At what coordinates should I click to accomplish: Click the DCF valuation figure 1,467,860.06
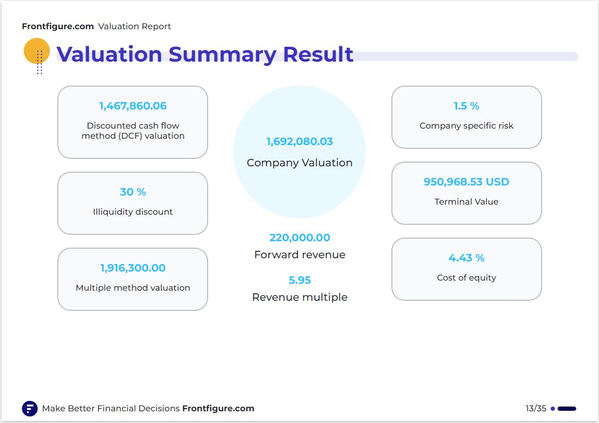click(133, 106)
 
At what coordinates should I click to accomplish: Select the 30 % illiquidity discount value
click(133, 192)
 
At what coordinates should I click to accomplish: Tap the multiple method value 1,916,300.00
click(133, 268)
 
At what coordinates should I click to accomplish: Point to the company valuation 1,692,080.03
click(299, 141)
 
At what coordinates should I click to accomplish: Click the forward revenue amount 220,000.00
click(299, 238)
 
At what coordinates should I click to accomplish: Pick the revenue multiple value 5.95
click(299, 280)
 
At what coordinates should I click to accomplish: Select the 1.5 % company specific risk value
click(466, 106)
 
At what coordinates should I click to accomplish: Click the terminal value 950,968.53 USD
click(466, 182)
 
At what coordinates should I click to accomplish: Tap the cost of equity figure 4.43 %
click(466, 258)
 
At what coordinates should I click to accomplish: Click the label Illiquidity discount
click(133, 212)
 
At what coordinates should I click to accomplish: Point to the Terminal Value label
click(466, 201)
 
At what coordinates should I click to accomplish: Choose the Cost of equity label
click(466, 278)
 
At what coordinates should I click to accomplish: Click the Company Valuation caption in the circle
click(299, 163)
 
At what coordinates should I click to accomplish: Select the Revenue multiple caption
click(299, 297)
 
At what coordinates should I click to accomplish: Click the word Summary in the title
click(223, 55)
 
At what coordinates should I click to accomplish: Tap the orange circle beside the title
click(37, 50)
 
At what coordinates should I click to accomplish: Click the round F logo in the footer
click(30, 409)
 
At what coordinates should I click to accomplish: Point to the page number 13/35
click(536, 409)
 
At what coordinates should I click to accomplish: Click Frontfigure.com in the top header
click(58, 27)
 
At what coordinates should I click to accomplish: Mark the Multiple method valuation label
click(133, 287)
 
